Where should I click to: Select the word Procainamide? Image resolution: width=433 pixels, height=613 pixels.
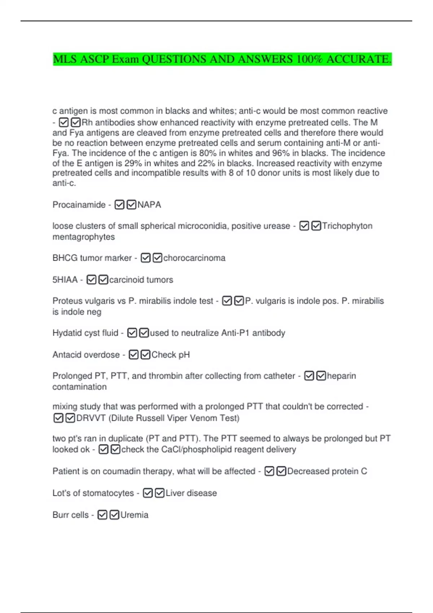pos(79,205)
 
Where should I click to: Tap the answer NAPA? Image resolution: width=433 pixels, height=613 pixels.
pos(149,205)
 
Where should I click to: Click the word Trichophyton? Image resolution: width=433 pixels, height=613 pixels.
pos(347,226)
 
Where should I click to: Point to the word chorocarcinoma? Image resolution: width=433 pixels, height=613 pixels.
pos(194,258)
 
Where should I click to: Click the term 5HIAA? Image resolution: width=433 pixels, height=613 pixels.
pos(65,280)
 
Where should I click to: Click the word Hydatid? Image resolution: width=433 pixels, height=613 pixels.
pos(67,333)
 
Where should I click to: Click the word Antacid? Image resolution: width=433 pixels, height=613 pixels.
pos(67,355)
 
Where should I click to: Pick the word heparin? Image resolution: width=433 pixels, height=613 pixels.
pos(341,376)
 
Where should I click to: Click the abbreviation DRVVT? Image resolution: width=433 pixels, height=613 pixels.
pos(91,418)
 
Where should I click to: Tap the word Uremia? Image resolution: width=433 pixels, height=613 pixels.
pos(134,515)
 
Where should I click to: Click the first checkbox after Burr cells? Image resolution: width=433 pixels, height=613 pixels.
pos(102,515)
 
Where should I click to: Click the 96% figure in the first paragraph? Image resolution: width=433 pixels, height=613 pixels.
pos(283,153)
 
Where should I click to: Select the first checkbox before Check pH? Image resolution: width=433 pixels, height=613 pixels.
pos(134,355)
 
